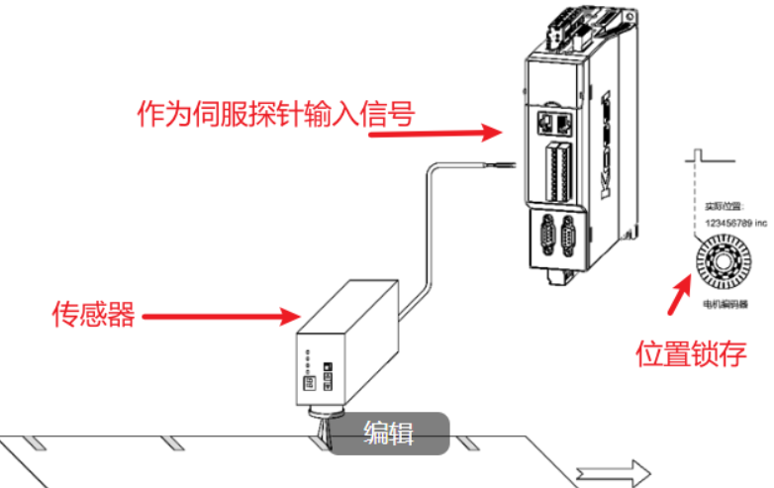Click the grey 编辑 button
[389, 433]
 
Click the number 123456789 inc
[726, 225]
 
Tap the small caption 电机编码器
[724, 298]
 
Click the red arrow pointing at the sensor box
[225, 317]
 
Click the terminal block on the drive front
[554, 168]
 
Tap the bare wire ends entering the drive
[505, 164]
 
